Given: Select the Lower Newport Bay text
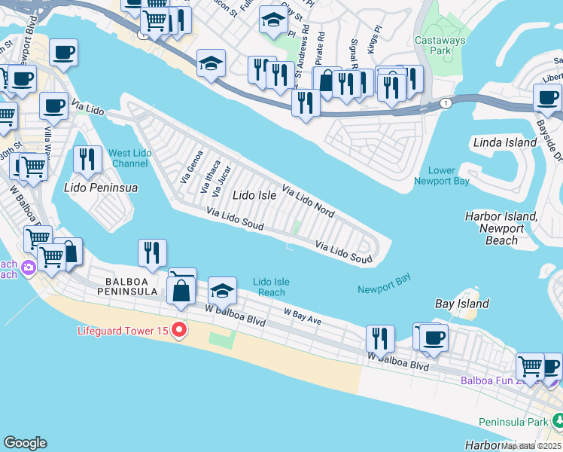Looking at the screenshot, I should tap(441, 176).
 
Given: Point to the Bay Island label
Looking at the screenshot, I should tap(462, 304).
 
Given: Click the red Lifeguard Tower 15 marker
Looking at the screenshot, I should tap(179, 329).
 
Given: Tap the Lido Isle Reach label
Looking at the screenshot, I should tap(271, 287).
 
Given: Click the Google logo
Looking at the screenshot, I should tap(25, 443).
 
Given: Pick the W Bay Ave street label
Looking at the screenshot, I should tap(303, 316).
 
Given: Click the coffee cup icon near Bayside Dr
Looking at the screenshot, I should tap(546, 96).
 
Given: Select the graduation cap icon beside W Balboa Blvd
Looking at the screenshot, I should tap(223, 289).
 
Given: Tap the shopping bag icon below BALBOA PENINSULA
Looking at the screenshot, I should tap(181, 290).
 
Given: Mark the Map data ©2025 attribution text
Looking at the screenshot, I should tap(531, 445).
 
